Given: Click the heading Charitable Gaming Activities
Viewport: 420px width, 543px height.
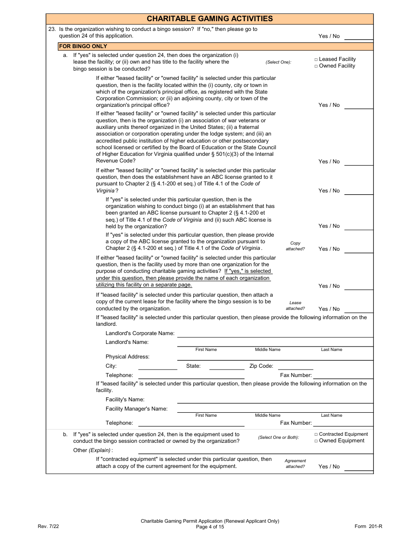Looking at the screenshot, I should click(x=210, y=19).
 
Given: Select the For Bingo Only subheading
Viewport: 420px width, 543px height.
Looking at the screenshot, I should click(x=83, y=46).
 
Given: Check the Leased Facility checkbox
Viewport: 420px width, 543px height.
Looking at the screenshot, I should click(x=316, y=59).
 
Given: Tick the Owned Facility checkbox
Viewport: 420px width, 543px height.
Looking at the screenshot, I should click(x=316, y=66).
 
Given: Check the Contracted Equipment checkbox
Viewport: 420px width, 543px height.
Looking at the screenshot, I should click(x=316, y=434).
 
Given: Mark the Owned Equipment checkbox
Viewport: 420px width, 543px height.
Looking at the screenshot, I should click(x=316, y=441).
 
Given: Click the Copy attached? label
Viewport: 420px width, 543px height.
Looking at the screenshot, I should click(x=295, y=246).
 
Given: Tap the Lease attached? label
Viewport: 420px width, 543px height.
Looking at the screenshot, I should click(x=295, y=305).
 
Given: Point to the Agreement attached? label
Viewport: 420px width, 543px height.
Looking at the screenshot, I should click(x=295, y=464).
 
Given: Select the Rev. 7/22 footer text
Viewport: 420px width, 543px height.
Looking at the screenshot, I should click(x=48, y=526).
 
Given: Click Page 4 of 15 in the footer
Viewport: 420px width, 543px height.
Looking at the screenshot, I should click(x=210, y=527).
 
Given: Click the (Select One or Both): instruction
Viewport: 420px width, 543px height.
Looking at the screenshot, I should click(x=279, y=437).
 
